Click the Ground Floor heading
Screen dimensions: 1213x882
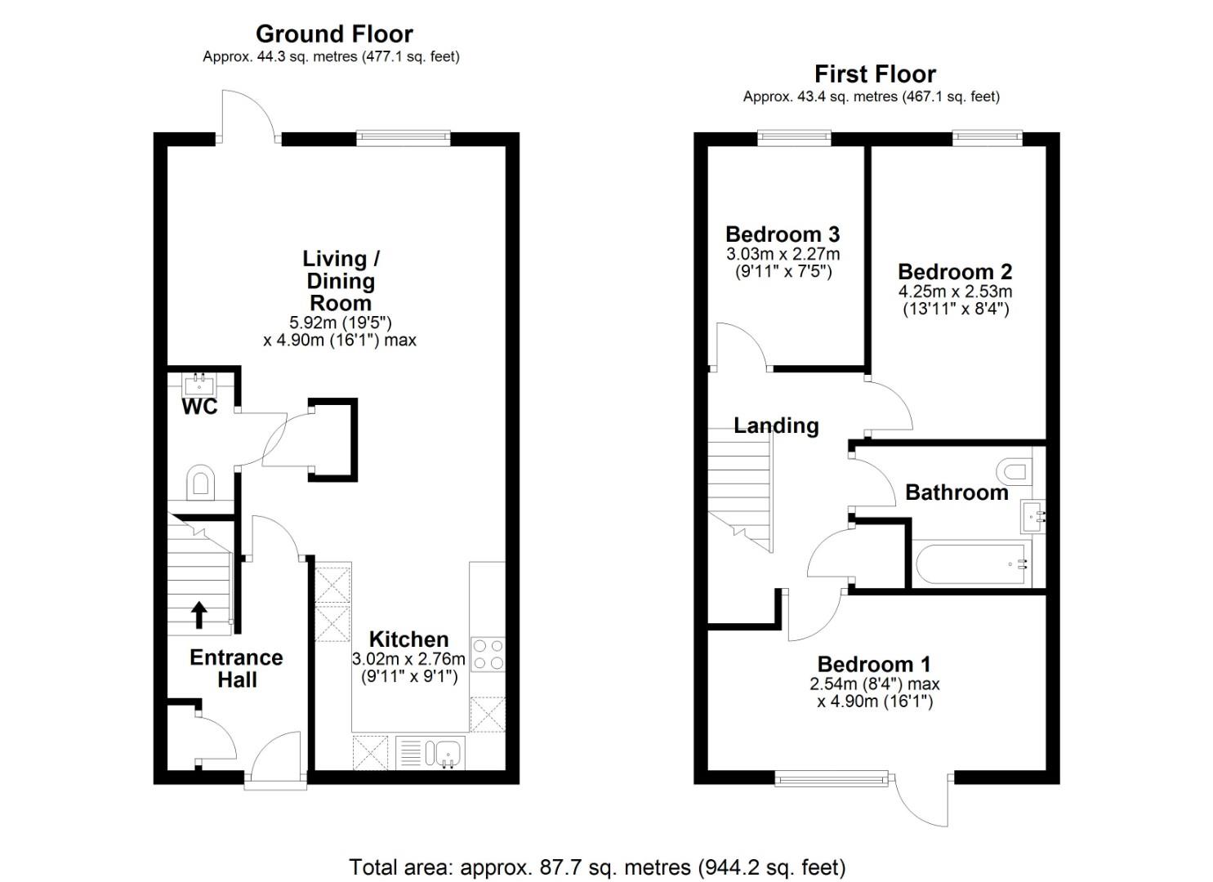click(334, 34)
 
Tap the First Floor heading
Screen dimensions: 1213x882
click(875, 74)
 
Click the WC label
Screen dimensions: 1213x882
click(200, 407)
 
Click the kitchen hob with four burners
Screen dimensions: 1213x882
click(488, 655)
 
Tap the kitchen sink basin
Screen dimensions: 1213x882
click(448, 752)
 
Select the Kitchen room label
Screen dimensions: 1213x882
click(409, 639)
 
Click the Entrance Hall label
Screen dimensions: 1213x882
click(237, 669)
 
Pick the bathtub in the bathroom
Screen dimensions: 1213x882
click(971, 564)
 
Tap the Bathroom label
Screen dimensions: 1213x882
click(957, 492)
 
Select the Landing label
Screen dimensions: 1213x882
click(776, 425)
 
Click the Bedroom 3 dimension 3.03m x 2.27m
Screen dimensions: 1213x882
click(783, 253)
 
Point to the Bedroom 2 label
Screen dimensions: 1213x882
click(955, 272)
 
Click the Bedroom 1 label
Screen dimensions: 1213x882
click(874, 664)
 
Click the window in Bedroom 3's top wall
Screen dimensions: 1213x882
click(794, 138)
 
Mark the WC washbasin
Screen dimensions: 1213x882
click(200, 386)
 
